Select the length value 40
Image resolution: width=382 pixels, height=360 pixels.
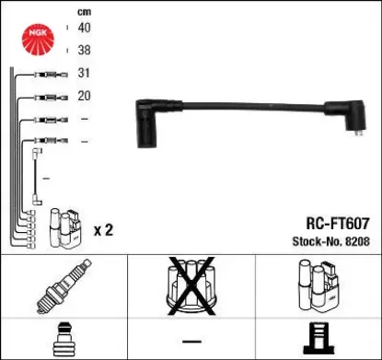pyautogui.click(x=84, y=29)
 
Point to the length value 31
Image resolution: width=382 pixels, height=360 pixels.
pyautogui.click(x=84, y=74)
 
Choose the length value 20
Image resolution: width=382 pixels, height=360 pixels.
pyautogui.click(x=84, y=95)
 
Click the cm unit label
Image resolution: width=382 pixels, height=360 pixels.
pyautogui.click(x=85, y=10)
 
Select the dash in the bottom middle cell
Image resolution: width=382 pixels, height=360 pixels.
pyautogui.click(x=191, y=338)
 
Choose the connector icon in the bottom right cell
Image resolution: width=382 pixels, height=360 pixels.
pyautogui.click(x=317, y=338)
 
